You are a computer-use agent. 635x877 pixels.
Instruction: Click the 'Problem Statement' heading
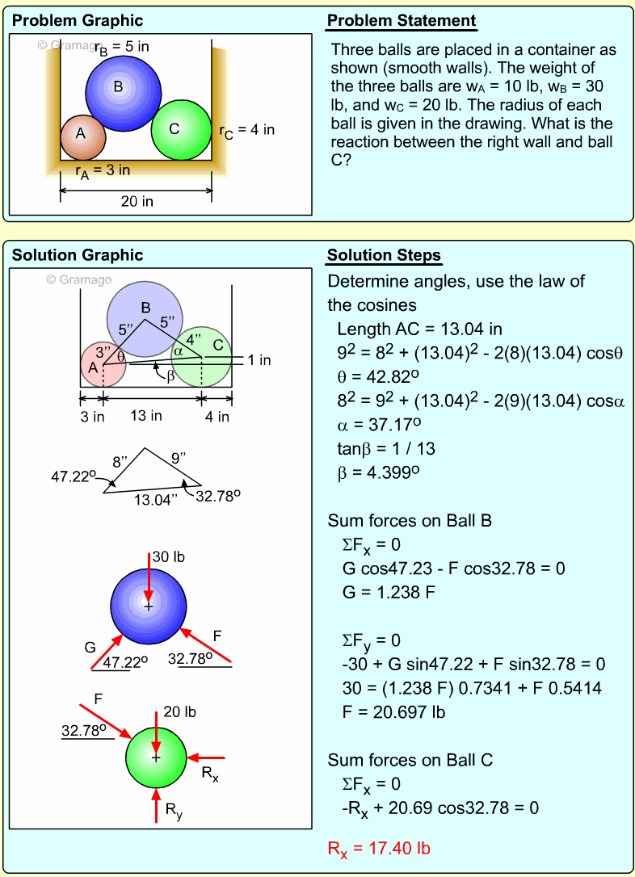[x=401, y=21]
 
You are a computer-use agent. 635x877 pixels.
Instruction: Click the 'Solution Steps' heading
[x=384, y=256]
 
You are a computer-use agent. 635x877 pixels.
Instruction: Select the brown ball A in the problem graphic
[x=82, y=136]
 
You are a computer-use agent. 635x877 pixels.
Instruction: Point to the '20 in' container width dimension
[x=137, y=201]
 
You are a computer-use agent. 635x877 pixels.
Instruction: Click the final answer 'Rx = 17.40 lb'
[x=378, y=849]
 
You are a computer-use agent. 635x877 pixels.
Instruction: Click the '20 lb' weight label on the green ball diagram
[x=179, y=711]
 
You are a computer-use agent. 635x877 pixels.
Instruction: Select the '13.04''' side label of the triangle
[x=155, y=500]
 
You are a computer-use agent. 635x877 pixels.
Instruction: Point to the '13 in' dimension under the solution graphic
[x=145, y=416]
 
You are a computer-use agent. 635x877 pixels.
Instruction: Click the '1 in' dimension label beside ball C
[x=259, y=360]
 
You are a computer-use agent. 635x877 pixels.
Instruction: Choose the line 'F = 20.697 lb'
[x=393, y=713]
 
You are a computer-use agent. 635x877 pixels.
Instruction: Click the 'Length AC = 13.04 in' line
[x=419, y=329]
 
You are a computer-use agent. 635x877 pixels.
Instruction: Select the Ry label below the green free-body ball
[x=174, y=809]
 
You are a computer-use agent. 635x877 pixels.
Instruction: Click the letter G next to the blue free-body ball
[x=90, y=647]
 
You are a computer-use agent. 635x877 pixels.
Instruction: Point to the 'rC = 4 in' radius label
[x=247, y=130]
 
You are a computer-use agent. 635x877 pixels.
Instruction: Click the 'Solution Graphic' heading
[x=77, y=256]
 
